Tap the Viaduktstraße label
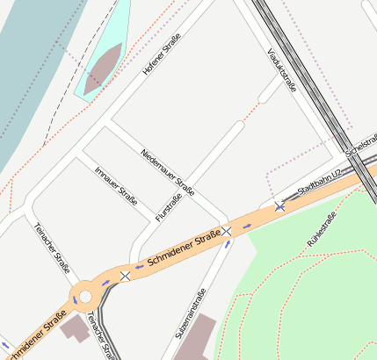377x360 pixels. tap(280, 69)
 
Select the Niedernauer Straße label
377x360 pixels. tap(167, 172)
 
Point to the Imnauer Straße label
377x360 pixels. tap(115, 185)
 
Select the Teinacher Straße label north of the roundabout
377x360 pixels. tap(52, 247)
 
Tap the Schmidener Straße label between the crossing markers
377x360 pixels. tap(184, 248)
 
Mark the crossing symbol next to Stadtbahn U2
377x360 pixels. tap(279, 206)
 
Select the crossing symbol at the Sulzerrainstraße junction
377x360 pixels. tap(227, 231)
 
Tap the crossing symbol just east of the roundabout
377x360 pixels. tap(125, 276)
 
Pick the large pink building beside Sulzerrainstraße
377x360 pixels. tap(196, 338)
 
